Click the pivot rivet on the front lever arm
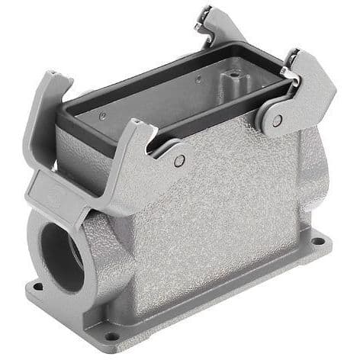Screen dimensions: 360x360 tap(178, 161)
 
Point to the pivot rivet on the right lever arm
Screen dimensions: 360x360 tap(276, 120)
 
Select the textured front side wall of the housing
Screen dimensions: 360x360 tap(221, 221)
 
